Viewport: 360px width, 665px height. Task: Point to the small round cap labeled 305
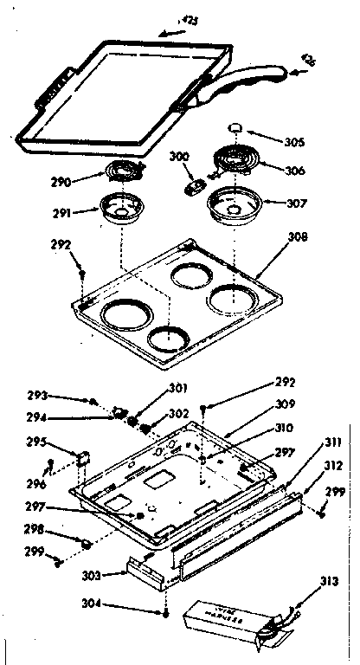(x=236, y=128)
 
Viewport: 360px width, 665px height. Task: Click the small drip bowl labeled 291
(x=126, y=207)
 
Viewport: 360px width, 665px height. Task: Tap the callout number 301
(x=151, y=388)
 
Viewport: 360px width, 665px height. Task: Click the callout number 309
(x=286, y=403)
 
